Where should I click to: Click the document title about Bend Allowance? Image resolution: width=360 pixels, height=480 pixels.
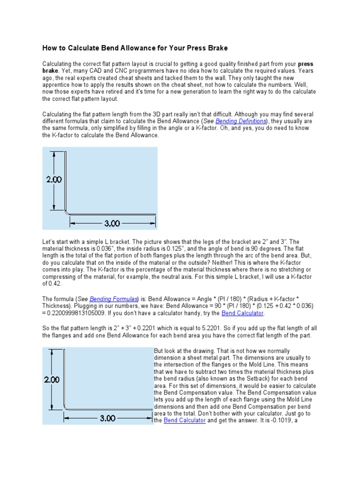135,48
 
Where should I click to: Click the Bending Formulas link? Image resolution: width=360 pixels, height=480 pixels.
114,299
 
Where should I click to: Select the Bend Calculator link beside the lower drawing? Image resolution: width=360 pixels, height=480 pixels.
185,420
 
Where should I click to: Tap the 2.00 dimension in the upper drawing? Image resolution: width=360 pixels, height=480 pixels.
53,179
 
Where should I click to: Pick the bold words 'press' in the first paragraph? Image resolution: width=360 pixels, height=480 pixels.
306,64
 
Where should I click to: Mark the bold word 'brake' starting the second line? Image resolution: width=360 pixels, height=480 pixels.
52,71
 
